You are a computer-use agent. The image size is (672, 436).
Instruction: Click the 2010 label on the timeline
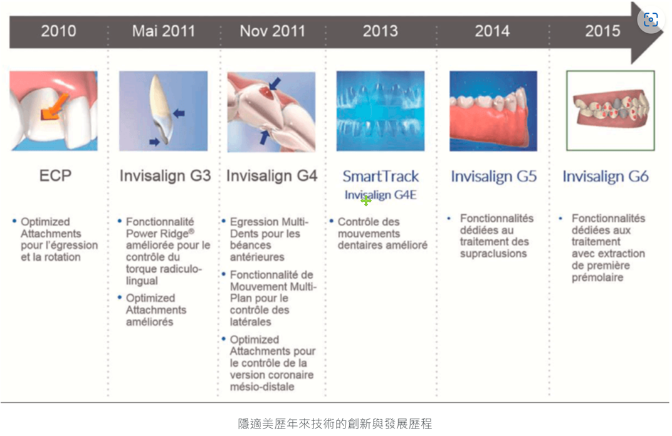coord(58,31)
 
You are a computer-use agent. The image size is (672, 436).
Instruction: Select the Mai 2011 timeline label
coord(163,31)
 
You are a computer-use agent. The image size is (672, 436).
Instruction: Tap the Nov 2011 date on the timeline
coord(272,31)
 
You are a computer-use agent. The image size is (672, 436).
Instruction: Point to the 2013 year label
coord(380,31)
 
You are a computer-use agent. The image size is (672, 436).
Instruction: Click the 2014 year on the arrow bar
coord(492,31)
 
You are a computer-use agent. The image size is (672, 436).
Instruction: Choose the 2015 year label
coord(602,31)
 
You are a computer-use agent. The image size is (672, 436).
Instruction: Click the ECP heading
coord(55,175)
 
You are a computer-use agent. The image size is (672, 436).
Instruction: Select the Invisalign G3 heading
coord(165,175)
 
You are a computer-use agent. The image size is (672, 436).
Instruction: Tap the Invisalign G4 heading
coord(271,175)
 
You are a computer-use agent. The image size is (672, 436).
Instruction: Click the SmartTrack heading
coord(381,176)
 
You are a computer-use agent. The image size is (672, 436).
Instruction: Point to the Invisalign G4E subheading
coord(381,195)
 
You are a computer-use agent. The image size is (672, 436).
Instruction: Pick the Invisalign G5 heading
coord(494,176)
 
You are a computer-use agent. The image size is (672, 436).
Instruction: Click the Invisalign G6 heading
coord(606,176)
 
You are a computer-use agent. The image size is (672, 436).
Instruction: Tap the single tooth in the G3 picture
coord(161,110)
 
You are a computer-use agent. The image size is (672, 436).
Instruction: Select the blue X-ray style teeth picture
coord(381,111)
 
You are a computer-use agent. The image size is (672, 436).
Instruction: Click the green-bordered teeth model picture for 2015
coord(611,110)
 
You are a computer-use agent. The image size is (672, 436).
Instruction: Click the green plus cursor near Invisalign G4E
coord(366,200)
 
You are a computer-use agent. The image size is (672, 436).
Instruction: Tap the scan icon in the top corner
coord(651,19)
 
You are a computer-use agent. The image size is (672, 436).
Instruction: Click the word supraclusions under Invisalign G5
coord(493,254)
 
